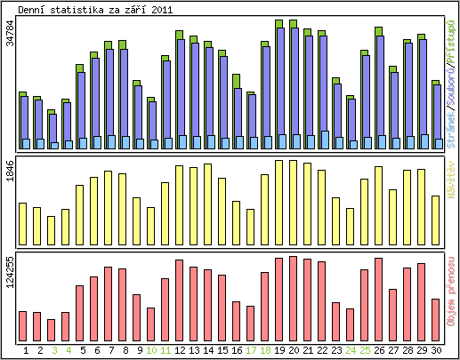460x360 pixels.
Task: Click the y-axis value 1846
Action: [10, 172]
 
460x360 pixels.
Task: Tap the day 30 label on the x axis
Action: [435, 350]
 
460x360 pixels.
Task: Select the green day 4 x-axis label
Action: [69, 350]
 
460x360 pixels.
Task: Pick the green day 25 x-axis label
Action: [365, 350]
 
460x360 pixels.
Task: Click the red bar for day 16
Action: [237, 319]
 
